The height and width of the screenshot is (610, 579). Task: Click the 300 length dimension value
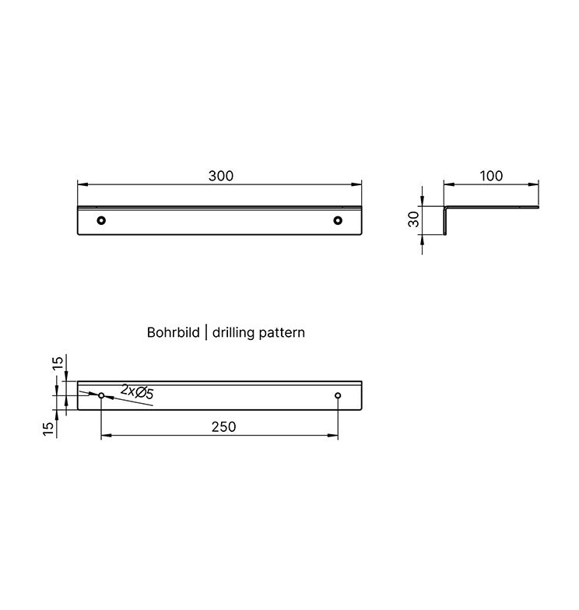[221, 176]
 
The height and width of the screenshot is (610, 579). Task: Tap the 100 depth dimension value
[491, 176]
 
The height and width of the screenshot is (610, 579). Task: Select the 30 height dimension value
[414, 219]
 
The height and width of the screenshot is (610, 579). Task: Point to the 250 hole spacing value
[223, 426]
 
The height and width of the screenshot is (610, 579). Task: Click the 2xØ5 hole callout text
[137, 391]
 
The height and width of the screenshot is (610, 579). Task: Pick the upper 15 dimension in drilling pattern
[58, 363]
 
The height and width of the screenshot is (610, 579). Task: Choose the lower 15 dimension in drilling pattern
[48, 428]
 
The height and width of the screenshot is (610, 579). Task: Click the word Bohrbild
[173, 332]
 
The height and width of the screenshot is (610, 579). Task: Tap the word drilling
[233, 333]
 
